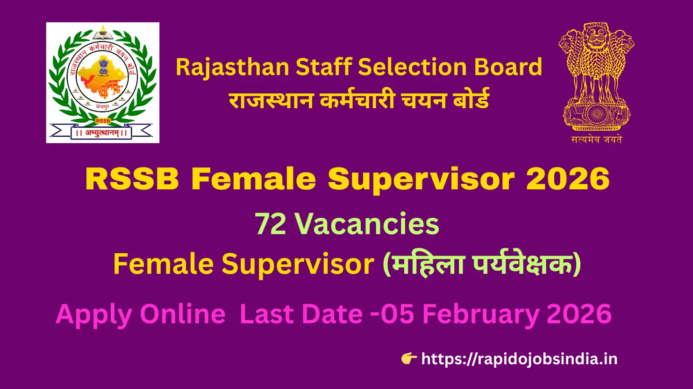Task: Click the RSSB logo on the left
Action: (103, 83)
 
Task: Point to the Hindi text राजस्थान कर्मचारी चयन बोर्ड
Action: (359, 100)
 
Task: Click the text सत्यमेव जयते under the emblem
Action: (596, 139)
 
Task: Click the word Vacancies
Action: (367, 224)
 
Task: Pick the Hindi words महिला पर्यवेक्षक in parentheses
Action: (481, 264)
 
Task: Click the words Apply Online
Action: (140, 314)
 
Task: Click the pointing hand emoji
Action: (409, 359)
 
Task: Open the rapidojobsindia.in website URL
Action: (519, 359)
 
